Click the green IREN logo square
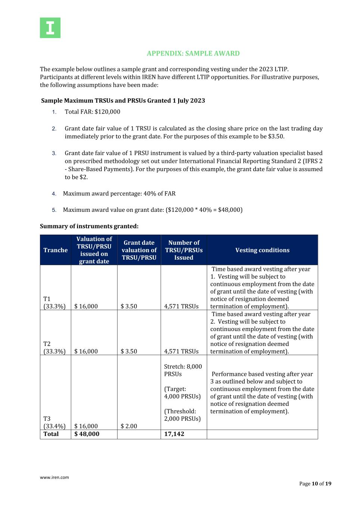pos(50,28)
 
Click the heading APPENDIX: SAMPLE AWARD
pos(193,53)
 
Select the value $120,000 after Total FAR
pos(108,112)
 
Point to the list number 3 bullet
pos(54,153)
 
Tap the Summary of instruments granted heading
pos(89,226)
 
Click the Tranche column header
pos(56,250)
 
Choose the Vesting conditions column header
pos(262,250)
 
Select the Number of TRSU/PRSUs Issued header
pos(184,250)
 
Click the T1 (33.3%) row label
pos(54,303)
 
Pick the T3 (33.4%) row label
pos(54,422)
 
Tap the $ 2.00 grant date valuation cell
pos(129,426)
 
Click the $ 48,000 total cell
pos(87,434)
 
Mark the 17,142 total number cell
pos(174,434)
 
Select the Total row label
pos(51,434)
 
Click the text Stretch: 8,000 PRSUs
pos(183,370)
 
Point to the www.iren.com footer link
pos(55,477)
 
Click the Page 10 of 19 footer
pos(315,483)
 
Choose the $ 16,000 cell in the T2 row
pos(86,351)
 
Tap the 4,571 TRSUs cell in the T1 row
pos(181,306)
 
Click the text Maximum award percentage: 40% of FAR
pos(119,194)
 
